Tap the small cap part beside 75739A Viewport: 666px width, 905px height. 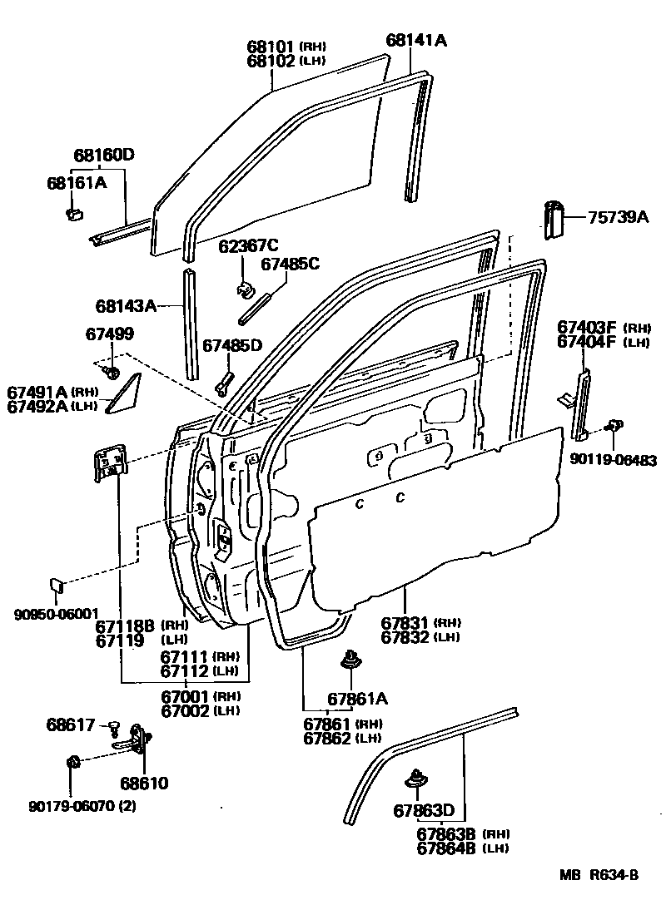(554, 220)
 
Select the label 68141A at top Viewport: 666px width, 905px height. (416, 40)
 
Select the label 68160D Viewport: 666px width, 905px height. (104, 156)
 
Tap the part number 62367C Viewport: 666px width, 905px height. (249, 245)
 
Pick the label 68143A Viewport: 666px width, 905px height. (126, 306)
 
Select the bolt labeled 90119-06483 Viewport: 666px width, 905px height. (616, 427)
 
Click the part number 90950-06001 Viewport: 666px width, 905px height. (57, 614)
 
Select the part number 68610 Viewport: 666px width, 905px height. (143, 783)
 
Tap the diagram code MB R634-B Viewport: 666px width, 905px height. (598, 874)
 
